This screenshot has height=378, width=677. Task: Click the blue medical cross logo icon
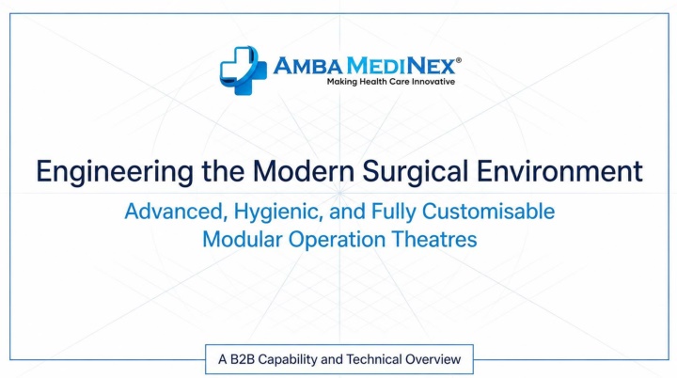244,70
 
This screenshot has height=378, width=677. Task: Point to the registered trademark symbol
459,60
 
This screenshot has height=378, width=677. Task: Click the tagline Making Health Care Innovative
391,82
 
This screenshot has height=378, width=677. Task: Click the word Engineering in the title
115,172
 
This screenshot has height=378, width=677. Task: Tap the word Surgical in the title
416,172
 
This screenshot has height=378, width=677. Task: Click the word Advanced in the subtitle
176,213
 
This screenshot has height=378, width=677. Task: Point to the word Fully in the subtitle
393,213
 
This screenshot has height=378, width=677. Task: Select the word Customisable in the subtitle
488,212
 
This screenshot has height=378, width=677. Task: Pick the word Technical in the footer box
374,359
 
